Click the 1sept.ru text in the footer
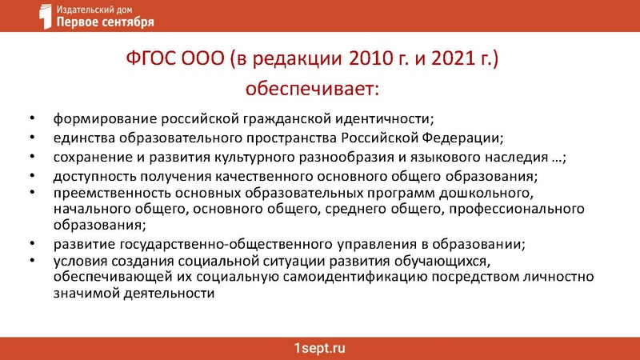319,349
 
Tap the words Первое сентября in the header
106,22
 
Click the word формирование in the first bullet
101,118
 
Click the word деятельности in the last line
170,293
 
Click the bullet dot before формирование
31,119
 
